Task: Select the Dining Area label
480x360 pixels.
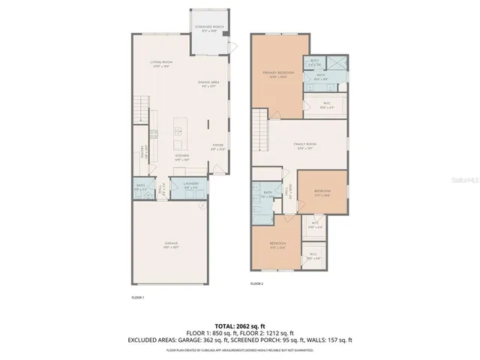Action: (208, 85)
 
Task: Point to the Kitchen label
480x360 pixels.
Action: (181, 157)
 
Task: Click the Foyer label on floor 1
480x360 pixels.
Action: (217, 147)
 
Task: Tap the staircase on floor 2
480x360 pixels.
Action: (259, 120)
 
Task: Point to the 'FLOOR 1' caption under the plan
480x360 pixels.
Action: (137, 298)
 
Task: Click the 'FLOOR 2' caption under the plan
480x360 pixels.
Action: (257, 284)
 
